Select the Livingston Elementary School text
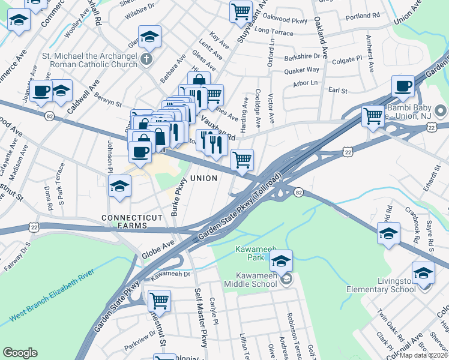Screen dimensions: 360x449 [x=381, y=284]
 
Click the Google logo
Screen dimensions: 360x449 [x=20, y=353]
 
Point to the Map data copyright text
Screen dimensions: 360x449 [x=424, y=355]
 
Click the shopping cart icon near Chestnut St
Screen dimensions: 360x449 [x=159, y=300]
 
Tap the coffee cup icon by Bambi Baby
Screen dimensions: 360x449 [x=403, y=86]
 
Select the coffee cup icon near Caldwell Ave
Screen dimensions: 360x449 [x=41, y=91]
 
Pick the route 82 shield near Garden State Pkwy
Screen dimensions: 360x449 [x=298, y=192]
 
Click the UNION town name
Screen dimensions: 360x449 [x=203, y=179]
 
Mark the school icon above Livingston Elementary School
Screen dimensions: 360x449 [x=424, y=272]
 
